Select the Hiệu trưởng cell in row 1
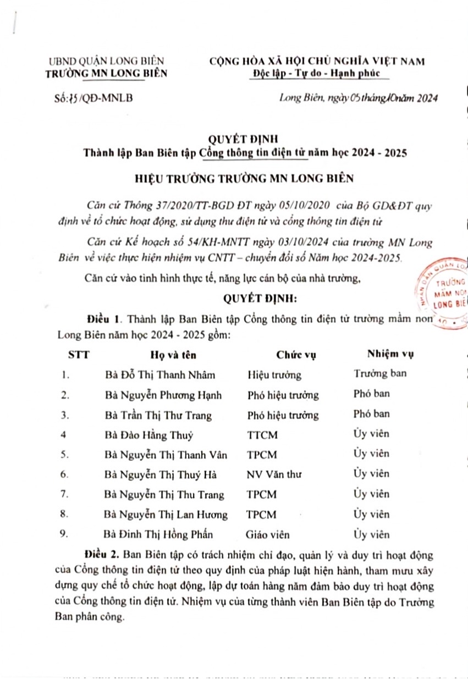point(274,375)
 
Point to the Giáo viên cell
point(268,534)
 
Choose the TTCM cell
point(263,435)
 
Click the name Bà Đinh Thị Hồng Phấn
point(158,534)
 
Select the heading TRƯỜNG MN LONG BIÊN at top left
point(107,73)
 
